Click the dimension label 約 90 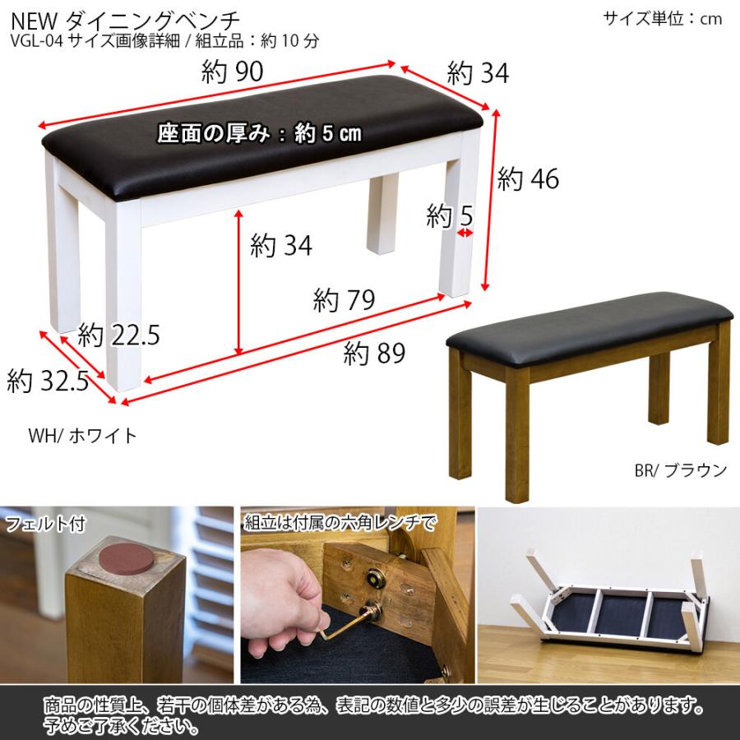pos(232,73)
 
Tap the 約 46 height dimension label pos(528,179)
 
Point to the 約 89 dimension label pos(375,354)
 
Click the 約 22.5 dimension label pos(118,335)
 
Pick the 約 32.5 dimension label pos(48,381)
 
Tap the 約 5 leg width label pos(450,217)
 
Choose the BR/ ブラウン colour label pos(680,470)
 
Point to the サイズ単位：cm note pos(662,18)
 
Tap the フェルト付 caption pos(44,523)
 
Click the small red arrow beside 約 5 pos(466,234)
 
